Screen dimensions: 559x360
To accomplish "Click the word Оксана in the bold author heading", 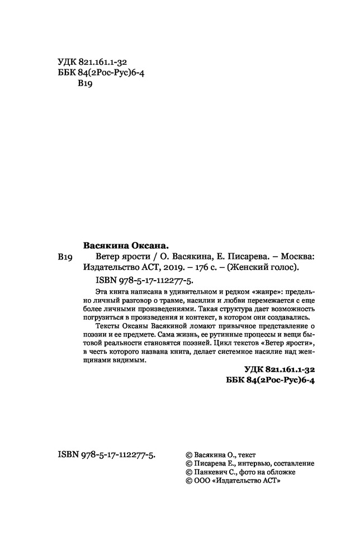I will point(147,245).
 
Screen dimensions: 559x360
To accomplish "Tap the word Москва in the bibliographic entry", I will point(295,256).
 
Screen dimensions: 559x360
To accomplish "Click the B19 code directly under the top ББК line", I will point(83,84).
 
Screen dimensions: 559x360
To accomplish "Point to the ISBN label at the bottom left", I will point(68,455).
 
